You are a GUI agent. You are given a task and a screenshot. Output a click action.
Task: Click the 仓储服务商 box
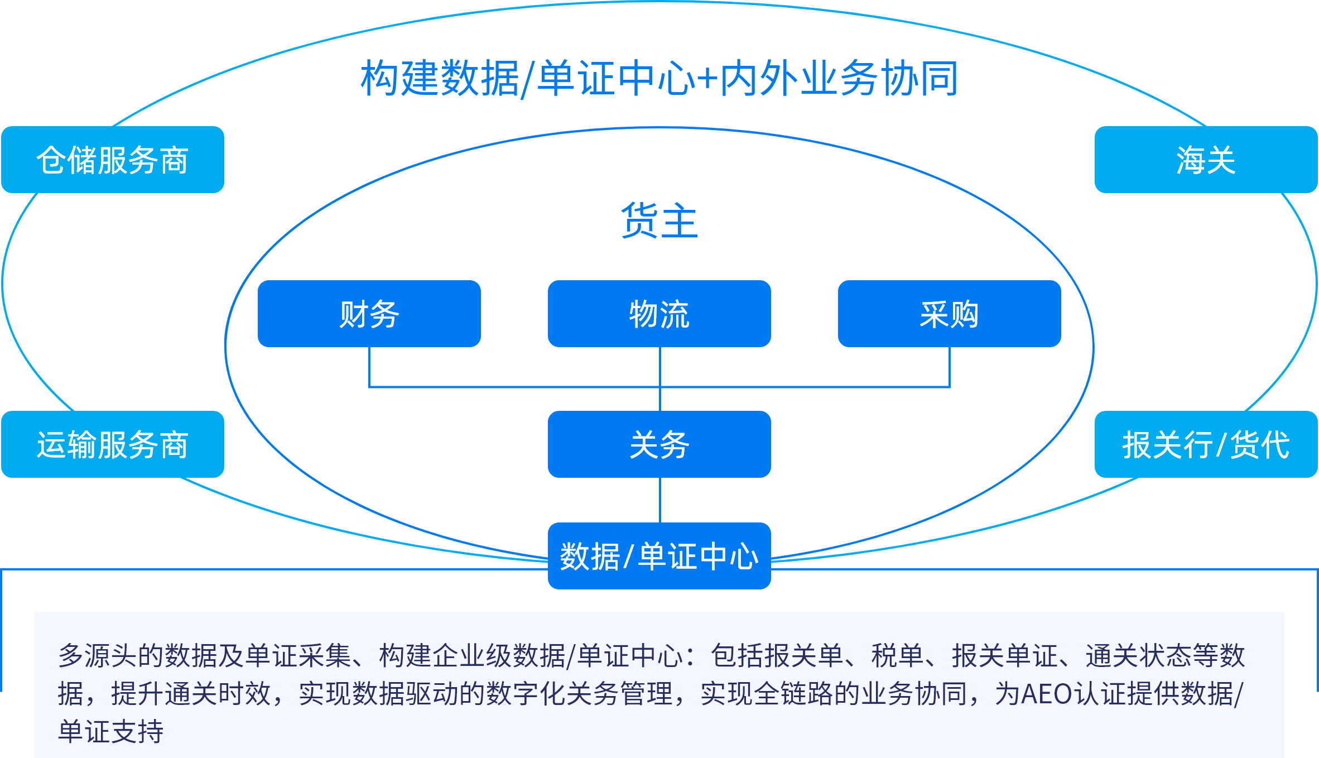pyautogui.click(x=113, y=160)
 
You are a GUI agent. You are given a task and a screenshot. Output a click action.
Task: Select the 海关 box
pyautogui.click(x=1206, y=160)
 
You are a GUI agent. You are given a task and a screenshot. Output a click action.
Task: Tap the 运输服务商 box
pyautogui.click(x=113, y=444)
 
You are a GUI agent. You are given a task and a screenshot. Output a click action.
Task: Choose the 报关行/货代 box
pyautogui.click(x=1206, y=444)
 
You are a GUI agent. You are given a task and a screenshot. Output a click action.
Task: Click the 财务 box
pyautogui.click(x=369, y=314)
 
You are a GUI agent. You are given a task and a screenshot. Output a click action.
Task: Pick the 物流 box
pyautogui.click(x=659, y=314)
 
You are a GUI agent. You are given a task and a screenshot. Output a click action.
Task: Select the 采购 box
pyautogui.click(x=950, y=314)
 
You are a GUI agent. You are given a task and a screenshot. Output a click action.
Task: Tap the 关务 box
pyautogui.click(x=659, y=444)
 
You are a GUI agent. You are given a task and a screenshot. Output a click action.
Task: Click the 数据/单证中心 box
pyautogui.click(x=659, y=556)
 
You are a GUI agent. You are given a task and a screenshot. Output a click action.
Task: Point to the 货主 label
pyautogui.click(x=659, y=220)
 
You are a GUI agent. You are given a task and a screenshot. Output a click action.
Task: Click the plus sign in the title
pyautogui.click(x=707, y=79)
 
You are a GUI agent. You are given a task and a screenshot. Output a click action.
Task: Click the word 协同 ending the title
pyautogui.click(x=920, y=78)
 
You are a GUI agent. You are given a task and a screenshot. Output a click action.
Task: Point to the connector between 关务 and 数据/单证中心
pyautogui.click(x=660, y=500)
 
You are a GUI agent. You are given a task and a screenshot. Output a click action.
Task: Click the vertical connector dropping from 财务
pyautogui.click(x=369, y=366)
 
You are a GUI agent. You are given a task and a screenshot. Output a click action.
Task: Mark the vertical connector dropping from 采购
pyautogui.click(x=950, y=366)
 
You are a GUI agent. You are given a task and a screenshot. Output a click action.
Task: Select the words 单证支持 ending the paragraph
pyautogui.click(x=111, y=731)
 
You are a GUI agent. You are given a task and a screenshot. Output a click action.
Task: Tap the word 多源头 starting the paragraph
pyautogui.click(x=98, y=655)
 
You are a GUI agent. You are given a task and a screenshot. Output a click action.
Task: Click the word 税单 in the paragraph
pyautogui.click(x=898, y=655)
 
